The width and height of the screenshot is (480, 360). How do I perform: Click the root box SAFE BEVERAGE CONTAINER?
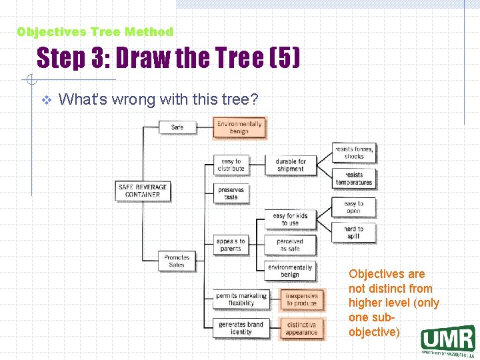click(x=143, y=191)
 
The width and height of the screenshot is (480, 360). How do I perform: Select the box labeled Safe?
click(x=177, y=127)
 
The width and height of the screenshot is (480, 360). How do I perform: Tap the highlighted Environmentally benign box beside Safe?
click(x=239, y=127)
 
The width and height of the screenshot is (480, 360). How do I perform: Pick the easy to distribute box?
click(x=231, y=165)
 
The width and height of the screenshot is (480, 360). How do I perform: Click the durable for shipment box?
click(x=291, y=165)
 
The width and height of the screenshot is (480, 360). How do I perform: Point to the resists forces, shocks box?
click(x=354, y=153)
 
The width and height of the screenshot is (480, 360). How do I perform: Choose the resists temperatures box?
click(x=354, y=179)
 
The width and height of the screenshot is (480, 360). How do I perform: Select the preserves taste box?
click(x=231, y=193)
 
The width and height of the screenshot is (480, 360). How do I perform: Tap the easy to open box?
click(x=354, y=207)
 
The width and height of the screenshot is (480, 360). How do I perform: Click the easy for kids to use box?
click(x=290, y=219)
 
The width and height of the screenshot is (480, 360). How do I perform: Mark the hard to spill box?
click(x=354, y=233)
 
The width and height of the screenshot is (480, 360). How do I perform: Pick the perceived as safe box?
click(x=290, y=245)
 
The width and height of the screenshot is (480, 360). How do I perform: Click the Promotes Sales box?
click(x=177, y=261)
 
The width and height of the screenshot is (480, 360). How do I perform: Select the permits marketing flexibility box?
click(x=241, y=299)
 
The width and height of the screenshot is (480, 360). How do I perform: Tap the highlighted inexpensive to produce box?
click(x=301, y=299)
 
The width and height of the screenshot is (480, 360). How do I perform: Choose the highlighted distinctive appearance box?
click(x=301, y=329)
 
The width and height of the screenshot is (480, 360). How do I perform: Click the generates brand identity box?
click(x=241, y=328)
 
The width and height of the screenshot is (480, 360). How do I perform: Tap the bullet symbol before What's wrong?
click(x=45, y=100)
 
